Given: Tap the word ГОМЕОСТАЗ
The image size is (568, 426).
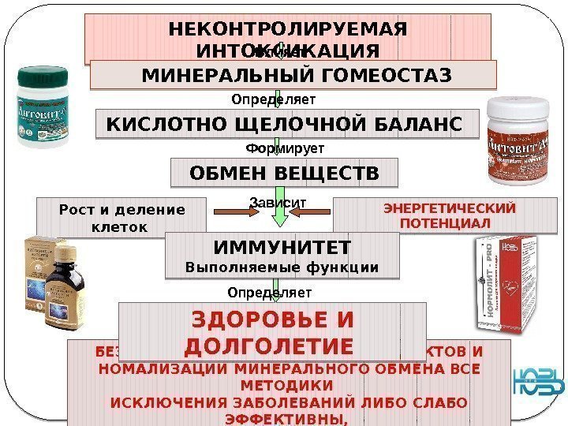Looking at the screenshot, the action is pyautogui.click(x=386, y=76).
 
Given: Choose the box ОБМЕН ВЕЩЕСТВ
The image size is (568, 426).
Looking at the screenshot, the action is pyautogui.click(x=285, y=172).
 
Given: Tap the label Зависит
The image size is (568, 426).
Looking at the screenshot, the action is pyautogui.click(x=277, y=204).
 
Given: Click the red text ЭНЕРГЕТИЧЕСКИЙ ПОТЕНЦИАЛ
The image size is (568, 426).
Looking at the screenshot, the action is pyautogui.click(x=449, y=215).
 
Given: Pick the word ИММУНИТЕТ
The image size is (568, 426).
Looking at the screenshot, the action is pyautogui.click(x=282, y=248).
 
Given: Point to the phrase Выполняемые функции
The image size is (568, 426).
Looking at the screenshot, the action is pyautogui.click(x=282, y=268).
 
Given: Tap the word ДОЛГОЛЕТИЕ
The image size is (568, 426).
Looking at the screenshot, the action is pyautogui.click(x=267, y=347).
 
